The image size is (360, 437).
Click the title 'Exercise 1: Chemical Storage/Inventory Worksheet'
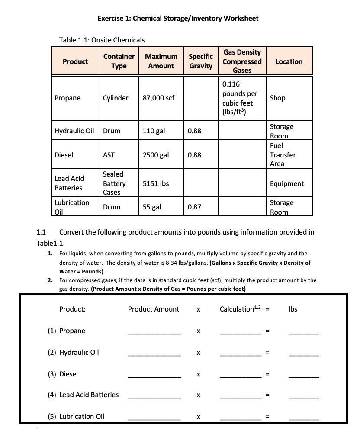(178, 18)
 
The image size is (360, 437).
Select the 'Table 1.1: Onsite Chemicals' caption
(102, 40)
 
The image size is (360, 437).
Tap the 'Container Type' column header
(119, 61)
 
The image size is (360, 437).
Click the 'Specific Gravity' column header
(201, 61)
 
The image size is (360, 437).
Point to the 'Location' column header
(289, 61)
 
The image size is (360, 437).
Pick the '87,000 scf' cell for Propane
(158, 98)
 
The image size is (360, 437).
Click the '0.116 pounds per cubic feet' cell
(241, 98)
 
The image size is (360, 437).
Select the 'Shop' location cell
(278, 98)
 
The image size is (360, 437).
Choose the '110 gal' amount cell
(154, 131)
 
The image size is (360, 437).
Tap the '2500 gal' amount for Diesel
(156, 155)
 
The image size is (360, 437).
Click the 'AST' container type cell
(109, 155)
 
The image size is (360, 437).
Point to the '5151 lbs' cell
(156, 183)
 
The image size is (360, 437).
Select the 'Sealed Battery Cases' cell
(113, 183)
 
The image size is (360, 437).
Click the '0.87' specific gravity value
(194, 207)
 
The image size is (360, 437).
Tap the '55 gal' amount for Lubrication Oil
(152, 207)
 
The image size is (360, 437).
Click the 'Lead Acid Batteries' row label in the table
(69, 183)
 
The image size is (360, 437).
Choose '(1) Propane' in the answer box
(67, 331)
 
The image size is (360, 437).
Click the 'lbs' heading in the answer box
(292, 309)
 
